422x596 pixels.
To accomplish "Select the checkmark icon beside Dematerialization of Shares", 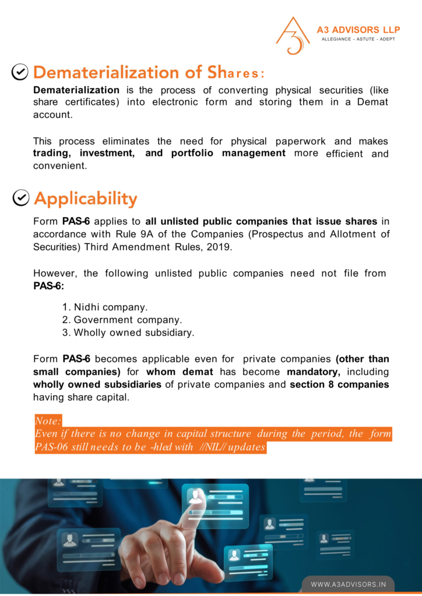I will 20,72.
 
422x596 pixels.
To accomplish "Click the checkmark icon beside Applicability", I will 20,198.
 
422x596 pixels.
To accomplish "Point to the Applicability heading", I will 86,199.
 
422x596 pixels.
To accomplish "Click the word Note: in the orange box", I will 48,421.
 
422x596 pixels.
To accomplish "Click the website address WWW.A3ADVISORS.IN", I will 348,584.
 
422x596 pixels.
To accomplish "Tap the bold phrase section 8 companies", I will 340,385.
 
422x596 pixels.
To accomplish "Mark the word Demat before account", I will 372,102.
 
